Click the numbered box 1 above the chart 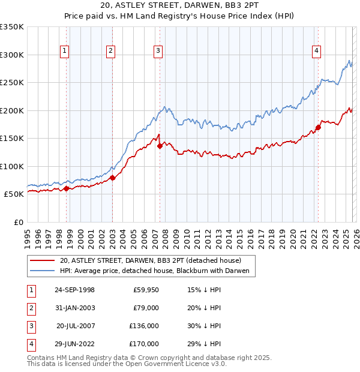click(64, 52)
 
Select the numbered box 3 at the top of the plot click(158, 52)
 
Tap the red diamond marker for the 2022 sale click(318, 127)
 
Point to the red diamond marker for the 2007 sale click(160, 146)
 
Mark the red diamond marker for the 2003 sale click(112, 178)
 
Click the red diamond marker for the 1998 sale click(66, 188)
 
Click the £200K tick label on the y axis click(11, 110)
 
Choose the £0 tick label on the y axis click(18, 222)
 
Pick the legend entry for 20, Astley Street click(150, 260)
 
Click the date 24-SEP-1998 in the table click(74, 290)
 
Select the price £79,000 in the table click(145, 308)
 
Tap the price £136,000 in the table click(144, 326)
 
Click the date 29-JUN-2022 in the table click(74, 344)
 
